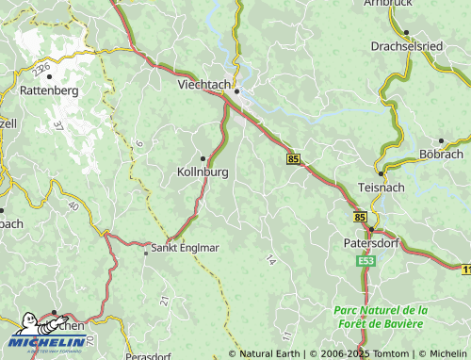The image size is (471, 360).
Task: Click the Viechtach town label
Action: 203,84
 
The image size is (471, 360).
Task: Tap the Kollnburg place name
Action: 203,173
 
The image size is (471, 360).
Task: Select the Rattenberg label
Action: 48,91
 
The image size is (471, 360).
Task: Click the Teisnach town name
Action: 382,188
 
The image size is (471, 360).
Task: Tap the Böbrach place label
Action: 441,153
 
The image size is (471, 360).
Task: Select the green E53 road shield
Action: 366,261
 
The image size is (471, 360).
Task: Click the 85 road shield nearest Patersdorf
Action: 360,217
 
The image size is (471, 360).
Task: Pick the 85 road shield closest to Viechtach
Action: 294,160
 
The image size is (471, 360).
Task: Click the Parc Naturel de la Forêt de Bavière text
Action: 381,318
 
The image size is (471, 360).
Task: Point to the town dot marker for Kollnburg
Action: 203,158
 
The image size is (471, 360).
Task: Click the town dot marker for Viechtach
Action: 237,91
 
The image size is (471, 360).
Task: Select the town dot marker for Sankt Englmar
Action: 145,251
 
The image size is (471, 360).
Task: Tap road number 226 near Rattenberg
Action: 40,71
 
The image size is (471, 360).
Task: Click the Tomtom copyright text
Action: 359,353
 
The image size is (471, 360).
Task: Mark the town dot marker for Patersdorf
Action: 371,229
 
